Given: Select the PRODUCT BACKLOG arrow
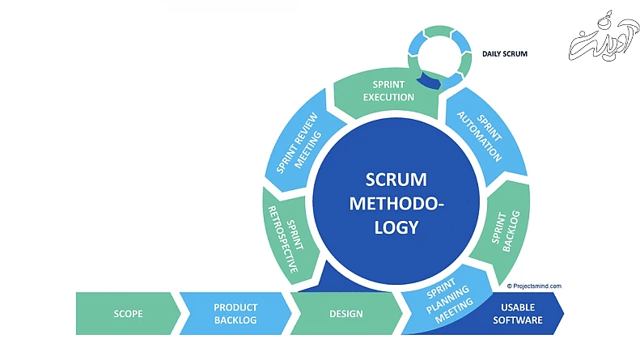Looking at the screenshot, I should tap(235, 313).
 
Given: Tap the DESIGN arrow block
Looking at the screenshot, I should tap(346, 313).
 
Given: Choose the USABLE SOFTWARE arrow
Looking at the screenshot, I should tap(522, 314).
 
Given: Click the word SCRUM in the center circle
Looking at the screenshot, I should tap(396, 179).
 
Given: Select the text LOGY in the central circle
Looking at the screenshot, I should tap(396, 227).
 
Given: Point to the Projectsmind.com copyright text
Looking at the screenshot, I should tap(534, 286).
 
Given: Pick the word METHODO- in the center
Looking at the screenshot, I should tap(396, 203).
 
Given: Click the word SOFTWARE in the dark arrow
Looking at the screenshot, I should tap(522, 320).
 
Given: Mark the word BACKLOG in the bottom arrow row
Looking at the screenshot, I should tap(235, 320).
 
